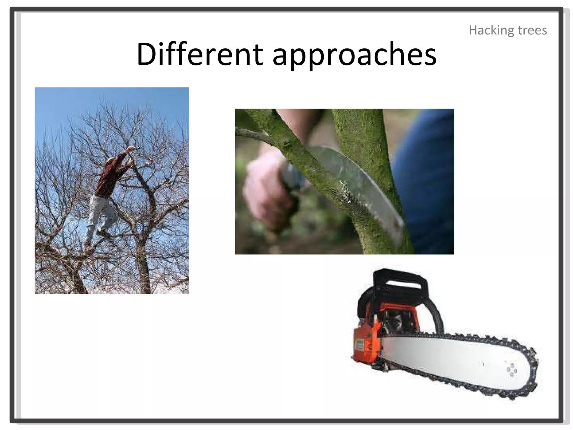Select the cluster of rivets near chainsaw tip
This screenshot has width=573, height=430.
[511, 370]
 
